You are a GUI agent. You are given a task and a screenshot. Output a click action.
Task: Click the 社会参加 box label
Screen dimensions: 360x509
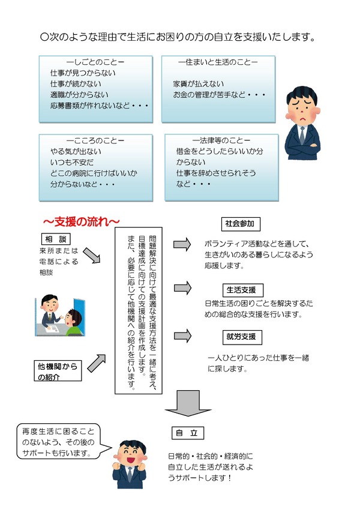click(241, 224)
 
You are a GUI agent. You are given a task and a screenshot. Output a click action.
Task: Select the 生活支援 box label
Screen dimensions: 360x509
click(241, 290)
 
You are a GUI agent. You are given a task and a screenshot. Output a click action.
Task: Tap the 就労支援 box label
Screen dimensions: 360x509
click(242, 337)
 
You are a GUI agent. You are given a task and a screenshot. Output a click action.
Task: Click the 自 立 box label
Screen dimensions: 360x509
click(187, 433)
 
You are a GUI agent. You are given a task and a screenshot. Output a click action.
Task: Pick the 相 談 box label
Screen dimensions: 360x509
click(56, 239)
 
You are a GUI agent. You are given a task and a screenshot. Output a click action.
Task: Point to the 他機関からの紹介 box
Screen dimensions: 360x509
click(58, 370)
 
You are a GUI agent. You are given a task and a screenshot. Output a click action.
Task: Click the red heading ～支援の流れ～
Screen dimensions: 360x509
click(81, 221)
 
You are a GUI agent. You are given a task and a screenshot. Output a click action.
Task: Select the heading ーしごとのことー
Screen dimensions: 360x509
click(95, 62)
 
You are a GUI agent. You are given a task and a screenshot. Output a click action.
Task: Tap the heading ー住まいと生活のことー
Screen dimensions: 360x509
click(218, 62)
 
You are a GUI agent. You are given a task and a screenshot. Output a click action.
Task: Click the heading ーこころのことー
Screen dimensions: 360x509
click(95, 140)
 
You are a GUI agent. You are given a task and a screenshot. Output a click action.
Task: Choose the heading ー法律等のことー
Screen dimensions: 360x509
click(221, 140)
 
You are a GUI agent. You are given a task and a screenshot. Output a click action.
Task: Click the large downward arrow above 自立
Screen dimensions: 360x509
click(188, 403)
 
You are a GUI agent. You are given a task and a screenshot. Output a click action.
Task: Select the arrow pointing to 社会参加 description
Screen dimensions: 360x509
click(182, 244)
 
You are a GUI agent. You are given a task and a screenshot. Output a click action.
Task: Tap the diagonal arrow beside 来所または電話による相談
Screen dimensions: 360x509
click(92, 256)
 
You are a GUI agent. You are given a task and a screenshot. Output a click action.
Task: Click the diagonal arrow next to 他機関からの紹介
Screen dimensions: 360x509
click(97, 363)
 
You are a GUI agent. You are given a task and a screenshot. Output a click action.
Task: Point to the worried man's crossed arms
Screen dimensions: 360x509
click(302, 150)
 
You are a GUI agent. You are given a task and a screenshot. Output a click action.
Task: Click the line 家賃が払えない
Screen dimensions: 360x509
click(199, 84)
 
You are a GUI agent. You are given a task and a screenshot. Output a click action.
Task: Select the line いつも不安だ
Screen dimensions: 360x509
click(72, 162)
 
